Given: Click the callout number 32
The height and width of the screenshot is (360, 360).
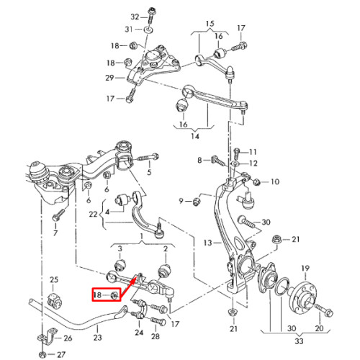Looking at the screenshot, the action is [135, 17].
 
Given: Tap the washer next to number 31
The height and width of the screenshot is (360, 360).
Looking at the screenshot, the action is [148, 30].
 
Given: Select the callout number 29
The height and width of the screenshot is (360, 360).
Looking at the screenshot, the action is [109, 78].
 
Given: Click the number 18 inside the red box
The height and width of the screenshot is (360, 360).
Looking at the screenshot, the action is [97, 295].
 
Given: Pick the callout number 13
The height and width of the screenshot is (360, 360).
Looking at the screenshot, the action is [207, 243].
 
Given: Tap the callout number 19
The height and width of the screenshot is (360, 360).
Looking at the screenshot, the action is [305, 269].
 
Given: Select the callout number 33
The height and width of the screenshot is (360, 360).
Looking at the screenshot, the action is [299, 341].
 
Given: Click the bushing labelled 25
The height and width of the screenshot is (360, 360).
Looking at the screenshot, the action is [55, 300].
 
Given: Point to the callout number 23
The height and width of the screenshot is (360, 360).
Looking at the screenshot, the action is [97, 338].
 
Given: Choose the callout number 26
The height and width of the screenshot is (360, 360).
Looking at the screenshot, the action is [68, 338].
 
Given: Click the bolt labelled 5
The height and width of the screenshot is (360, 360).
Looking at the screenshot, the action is [148, 158].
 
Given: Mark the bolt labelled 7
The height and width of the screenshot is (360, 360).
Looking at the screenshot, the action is [58, 215].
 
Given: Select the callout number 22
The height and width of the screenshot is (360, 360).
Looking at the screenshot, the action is [93, 214].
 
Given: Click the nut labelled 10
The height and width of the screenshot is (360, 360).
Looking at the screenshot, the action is [257, 182].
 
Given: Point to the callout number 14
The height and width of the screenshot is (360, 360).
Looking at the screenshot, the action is [195, 136].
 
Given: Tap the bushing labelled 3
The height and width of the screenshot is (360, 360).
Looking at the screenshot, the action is [120, 265].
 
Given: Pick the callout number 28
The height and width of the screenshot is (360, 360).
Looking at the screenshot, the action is [156, 336].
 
